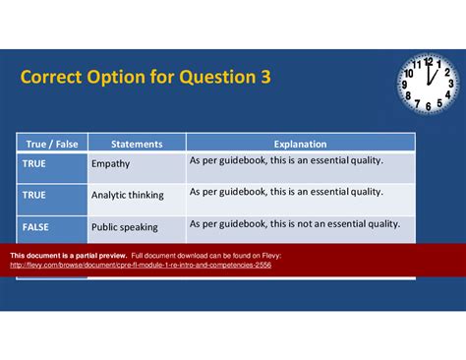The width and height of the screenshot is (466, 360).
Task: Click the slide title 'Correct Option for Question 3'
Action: (x=145, y=77)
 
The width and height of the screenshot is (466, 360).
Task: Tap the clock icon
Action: (x=428, y=84)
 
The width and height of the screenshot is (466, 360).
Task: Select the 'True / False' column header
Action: (x=51, y=144)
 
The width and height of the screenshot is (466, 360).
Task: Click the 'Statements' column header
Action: (x=136, y=144)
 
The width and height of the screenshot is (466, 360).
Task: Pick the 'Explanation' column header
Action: (x=300, y=144)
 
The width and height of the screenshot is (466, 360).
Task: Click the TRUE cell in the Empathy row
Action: (x=34, y=163)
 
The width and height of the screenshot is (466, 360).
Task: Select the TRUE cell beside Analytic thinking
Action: (x=34, y=195)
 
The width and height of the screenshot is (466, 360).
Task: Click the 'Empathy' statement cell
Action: (x=110, y=164)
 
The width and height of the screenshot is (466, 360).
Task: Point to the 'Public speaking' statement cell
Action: (x=124, y=227)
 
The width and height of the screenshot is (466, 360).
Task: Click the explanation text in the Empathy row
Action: (x=286, y=160)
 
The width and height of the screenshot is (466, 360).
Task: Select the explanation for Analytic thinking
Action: (x=286, y=192)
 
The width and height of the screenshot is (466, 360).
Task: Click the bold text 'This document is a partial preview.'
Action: (x=68, y=255)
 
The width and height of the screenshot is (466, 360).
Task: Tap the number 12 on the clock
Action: (x=429, y=61)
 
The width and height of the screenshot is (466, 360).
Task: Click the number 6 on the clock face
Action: (x=428, y=105)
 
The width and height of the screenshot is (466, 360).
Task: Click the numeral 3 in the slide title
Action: (x=264, y=77)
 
